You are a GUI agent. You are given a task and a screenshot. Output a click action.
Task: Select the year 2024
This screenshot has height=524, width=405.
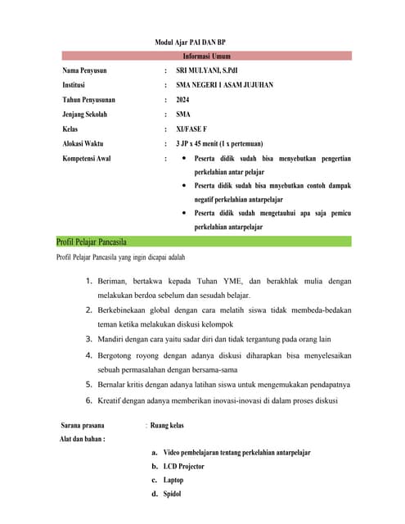point(182,100)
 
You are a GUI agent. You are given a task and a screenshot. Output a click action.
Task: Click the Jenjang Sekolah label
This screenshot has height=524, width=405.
point(85,115)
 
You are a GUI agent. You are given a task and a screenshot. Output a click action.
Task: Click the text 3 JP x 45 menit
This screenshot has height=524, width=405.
point(204,143)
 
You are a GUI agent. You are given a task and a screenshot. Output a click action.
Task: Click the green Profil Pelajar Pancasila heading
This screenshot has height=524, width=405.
point(91,242)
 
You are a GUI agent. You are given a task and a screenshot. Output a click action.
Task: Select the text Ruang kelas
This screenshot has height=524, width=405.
point(167,426)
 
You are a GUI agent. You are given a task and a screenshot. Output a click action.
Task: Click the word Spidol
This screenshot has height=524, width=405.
point(172,495)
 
